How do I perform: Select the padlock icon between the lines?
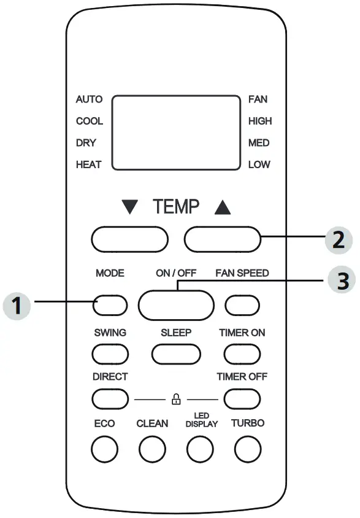pyautogui.click(x=176, y=400)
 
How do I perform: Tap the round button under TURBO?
pyautogui.click(x=247, y=450)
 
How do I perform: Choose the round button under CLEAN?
pyautogui.click(x=152, y=450)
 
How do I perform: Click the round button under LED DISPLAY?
pyautogui.click(x=200, y=450)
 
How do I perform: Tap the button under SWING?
pyautogui.click(x=110, y=354)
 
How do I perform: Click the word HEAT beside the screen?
pyautogui.click(x=88, y=164)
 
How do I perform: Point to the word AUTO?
pyautogui.click(x=89, y=99)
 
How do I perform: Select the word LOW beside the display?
pyautogui.click(x=259, y=164)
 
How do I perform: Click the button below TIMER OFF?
pyautogui.click(x=242, y=399)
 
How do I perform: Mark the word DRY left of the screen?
pyautogui.click(x=86, y=143)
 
